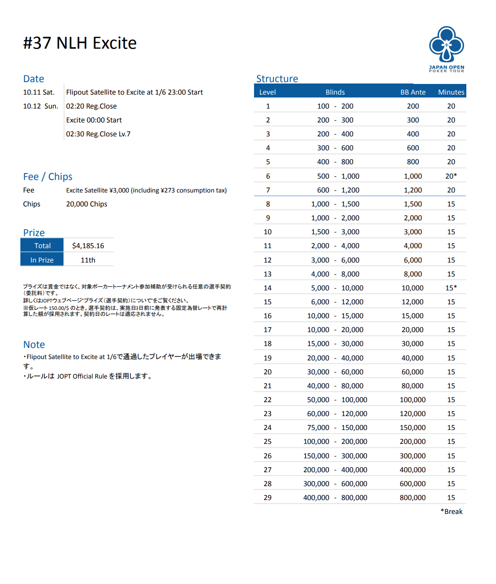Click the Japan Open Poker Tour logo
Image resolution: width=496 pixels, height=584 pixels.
(x=446, y=49)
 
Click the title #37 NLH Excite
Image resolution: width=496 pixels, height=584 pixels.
(x=80, y=43)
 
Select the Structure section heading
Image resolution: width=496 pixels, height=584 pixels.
(x=277, y=79)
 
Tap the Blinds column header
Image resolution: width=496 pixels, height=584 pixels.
(x=335, y=92)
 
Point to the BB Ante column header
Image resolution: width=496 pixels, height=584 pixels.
(x=413, y=92)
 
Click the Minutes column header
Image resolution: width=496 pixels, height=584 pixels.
(x=451, y=92)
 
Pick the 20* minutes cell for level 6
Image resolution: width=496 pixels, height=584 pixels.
(x=451, y=176)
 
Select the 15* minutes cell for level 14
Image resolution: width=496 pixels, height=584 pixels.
(x=451, y=288)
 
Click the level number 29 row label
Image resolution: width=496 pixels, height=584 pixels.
(x=267, y=497)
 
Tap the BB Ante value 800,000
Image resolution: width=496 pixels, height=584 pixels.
(x=413, y=497)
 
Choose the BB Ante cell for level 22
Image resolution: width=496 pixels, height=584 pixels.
(x=413, y=399)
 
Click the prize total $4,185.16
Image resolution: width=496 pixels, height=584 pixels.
(x=88, y=245)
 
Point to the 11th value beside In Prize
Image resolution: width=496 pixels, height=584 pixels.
(x=88, y=260)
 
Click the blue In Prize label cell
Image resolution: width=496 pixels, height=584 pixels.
(x=42, y=260)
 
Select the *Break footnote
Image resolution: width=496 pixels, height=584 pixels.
(x=451, y=511)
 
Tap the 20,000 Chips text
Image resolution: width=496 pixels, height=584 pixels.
(x=87, y=204)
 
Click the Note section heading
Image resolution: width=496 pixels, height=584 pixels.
(x=34, y=345)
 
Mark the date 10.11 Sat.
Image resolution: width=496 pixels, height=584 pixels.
(x=39, y=92)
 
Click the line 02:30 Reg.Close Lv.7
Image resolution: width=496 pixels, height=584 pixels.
(x=98, y=134)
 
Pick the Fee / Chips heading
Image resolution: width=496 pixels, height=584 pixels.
(x=48, y=177)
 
